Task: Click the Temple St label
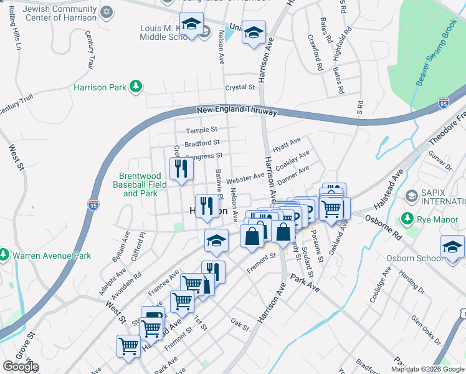point(202,130)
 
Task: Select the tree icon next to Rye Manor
point(407,218)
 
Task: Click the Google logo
point(21,367)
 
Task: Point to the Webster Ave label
point(245,178)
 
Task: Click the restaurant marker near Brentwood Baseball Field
point(181,170)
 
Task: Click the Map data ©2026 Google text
point(427,369)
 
